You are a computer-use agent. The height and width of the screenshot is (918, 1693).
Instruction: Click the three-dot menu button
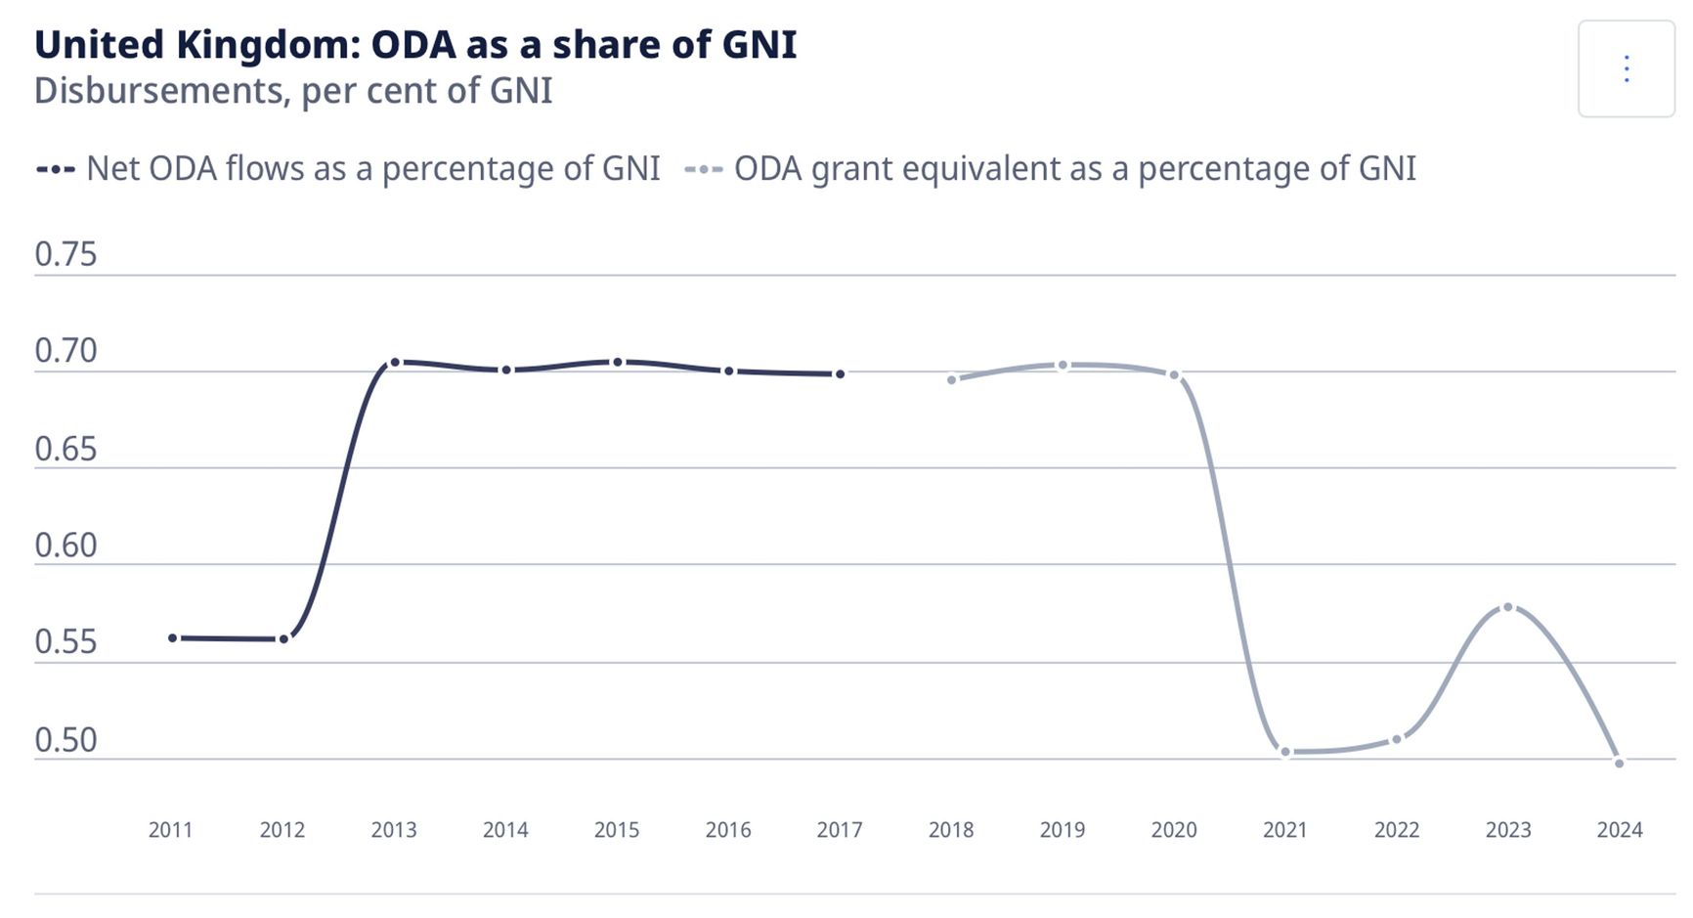click(x=1626, y=68)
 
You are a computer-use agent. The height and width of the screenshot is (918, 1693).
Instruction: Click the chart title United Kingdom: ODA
click(x=415, y=45)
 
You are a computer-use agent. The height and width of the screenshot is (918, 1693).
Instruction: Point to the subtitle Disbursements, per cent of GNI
click(x=293, y=91)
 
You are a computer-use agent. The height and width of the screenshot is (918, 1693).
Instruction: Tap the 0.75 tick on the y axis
click(x=65, y=254)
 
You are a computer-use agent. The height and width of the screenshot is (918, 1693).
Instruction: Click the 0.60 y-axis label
click(x=65, y=546)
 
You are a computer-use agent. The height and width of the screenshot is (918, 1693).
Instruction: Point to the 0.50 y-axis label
click(x=65, y=740)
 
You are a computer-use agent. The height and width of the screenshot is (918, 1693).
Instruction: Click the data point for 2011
click(x=173, y=638)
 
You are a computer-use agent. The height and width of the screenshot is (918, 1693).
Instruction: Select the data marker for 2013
click(x=395, y=363)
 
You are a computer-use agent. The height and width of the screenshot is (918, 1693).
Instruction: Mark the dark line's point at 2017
click(x=840, y=374)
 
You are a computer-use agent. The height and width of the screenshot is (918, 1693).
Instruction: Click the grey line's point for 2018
click(x=952, y=380)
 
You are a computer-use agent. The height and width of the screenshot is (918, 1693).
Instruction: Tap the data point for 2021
click(x=1285, y=752)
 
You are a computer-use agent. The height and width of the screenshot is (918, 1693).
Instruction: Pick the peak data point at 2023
click(x=1508, y=607)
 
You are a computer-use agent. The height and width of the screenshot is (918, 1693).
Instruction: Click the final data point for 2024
click(x=1620, y=764)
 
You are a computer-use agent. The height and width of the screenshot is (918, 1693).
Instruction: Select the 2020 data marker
click(x=1174, y=375)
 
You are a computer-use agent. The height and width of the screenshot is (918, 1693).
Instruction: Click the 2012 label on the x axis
click(x=282, y=830)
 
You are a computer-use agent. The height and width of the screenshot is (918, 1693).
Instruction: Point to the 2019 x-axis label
click(x=1063, y=830)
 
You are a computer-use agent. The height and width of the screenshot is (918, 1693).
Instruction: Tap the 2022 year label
click(x=1397, y=830)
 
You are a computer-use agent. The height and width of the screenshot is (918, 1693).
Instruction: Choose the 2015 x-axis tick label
click(x=617, y=830)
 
